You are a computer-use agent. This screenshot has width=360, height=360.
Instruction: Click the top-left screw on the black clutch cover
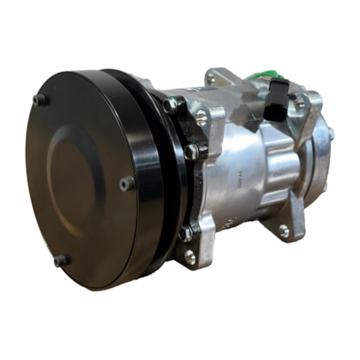click(x=39, y=100)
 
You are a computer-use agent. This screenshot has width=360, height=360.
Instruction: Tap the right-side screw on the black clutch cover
click(x=127, y=183)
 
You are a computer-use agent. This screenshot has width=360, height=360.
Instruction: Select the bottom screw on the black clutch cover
click(x=61, y=260)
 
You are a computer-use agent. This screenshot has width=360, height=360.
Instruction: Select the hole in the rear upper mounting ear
click(x=300, y=105)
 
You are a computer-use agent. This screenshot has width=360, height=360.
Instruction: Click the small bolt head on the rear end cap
click(x=330, y=135)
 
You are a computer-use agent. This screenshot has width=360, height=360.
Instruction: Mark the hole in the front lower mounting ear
click(x=189, y=256)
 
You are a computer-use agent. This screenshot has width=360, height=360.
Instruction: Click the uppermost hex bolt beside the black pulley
click(x=171, y=106)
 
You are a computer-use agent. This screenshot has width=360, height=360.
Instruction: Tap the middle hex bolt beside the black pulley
click(x=190, y=153)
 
